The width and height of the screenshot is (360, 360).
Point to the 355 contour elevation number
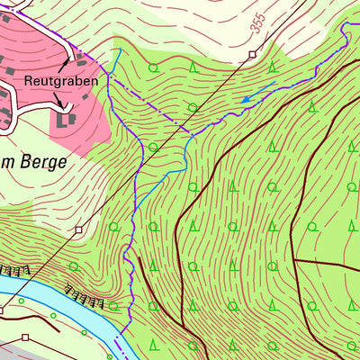258,26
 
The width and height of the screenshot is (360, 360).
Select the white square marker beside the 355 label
252,55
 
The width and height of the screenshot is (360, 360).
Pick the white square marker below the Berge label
78,229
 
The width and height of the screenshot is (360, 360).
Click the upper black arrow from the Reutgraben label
66,64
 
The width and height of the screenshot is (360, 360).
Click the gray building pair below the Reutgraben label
66,118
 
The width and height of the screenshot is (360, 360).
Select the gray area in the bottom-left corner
27,351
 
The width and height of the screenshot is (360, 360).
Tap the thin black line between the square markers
162,144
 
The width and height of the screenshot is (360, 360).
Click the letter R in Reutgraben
29,82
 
